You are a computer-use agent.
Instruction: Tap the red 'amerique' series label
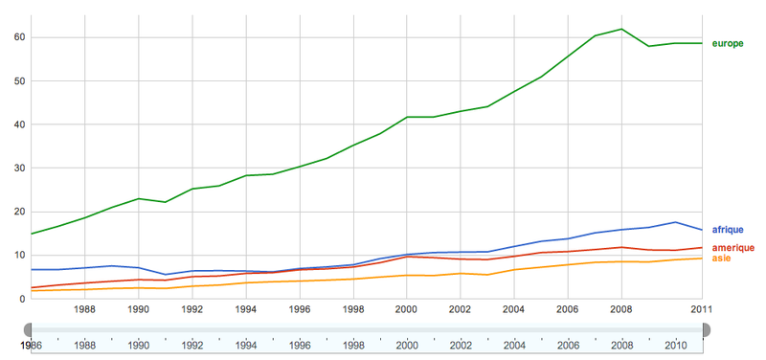coord(732,248)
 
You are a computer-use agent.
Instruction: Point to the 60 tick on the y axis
coord(19,37)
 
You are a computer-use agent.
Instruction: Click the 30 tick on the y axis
coord(19,169)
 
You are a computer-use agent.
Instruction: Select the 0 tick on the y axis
coord(22,299)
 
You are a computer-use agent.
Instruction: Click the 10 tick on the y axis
coord(19,256)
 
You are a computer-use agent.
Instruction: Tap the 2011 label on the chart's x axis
coord(702,309)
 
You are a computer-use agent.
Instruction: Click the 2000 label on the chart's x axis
coord(407,309)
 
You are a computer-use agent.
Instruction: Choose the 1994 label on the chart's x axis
coord(246,309)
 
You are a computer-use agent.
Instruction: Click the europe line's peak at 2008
coord(621,29)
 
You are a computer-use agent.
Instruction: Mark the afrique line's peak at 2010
coord(675,222)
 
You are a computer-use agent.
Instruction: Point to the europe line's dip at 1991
coord(166,202)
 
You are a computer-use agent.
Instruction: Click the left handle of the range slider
coord(31,329)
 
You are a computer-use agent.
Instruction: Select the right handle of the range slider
coord(705,329)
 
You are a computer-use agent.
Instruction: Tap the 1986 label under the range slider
coord(32,346)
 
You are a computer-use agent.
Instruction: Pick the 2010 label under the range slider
coord(675,346)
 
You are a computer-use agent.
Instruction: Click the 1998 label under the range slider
coord(353,346)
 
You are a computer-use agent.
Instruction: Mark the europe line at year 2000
coord(407,117)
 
